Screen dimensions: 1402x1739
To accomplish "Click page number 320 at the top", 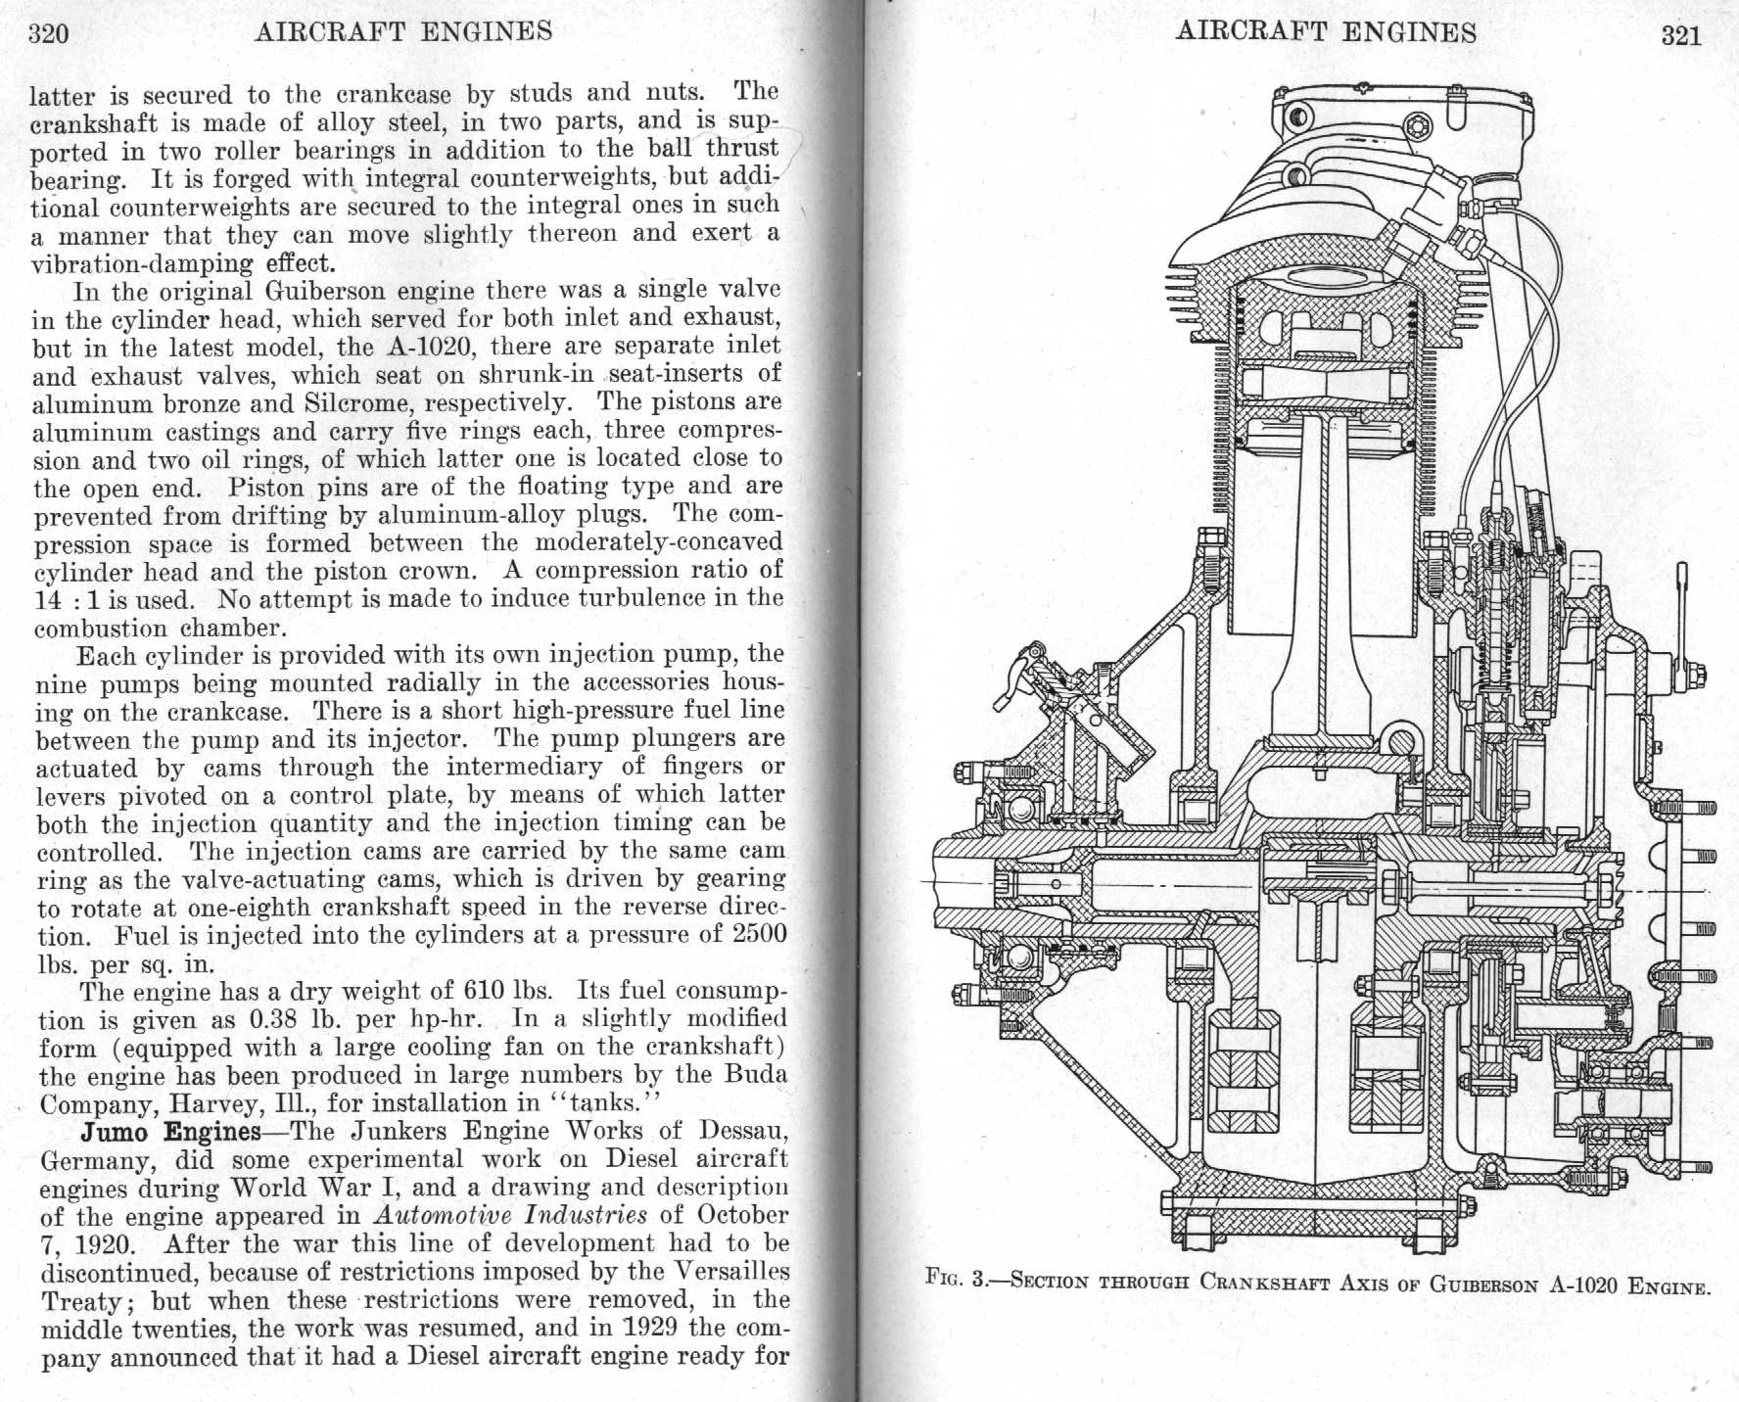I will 48,35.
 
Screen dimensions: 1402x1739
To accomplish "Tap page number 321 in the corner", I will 1681,36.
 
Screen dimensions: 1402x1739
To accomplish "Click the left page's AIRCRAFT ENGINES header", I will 403,32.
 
